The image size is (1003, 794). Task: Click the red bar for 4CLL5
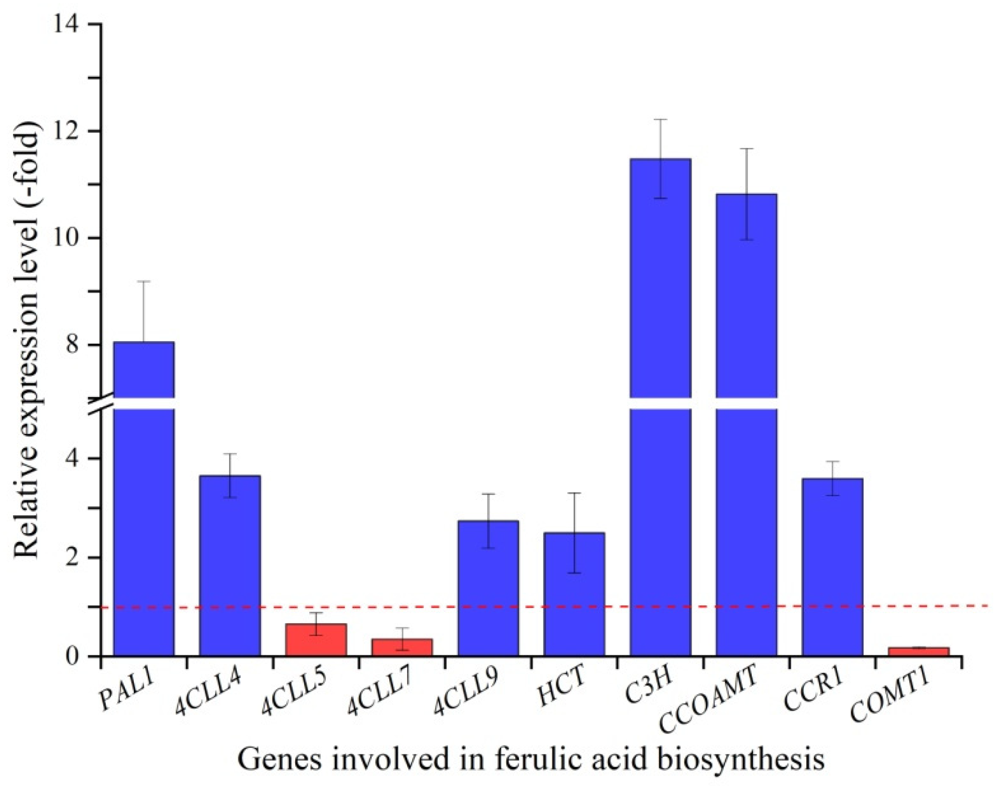click(x=316, y=640)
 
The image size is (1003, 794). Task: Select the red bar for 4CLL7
click(x=402, y=648)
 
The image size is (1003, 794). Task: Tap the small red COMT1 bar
click(x=919, y=652)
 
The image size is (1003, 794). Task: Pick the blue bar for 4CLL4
click(x=230, y=566)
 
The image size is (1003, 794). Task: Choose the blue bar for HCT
click(x=574, y=594)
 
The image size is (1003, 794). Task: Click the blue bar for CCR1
click(x=832, y=567)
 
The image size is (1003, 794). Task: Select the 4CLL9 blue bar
click(x=488, y=588)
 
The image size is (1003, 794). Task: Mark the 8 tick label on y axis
click(x=76, y=345)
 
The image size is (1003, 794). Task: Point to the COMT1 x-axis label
click(x=889, y=698)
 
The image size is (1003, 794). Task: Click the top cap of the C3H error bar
click(x=660, y=120)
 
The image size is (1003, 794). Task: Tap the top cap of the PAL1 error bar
click(x=144, y=281)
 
